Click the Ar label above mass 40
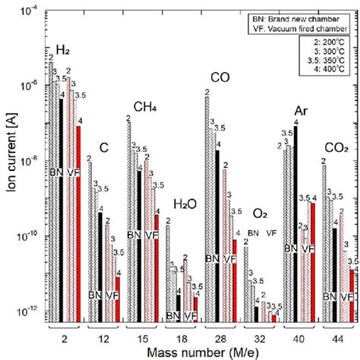[300, 112]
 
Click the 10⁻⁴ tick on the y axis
[31, 11]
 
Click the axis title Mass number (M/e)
[202, 349]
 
